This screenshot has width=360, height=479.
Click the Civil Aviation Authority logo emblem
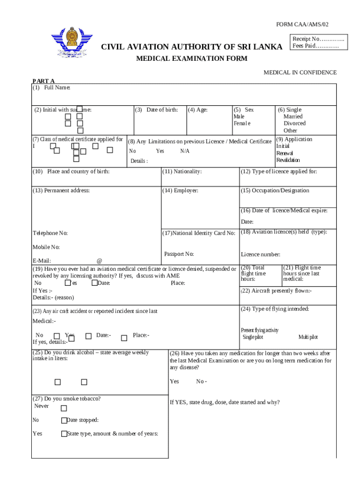click(x=72, y=42)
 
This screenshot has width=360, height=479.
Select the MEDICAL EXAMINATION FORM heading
click(x=192, y=58)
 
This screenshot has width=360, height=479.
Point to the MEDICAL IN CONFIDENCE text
click(x=300, y=73)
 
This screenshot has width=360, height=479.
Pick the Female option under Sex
click(x=242, y=123)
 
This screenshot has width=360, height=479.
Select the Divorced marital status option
click(x=295, y=123)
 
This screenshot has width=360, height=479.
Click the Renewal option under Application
click(x=284, y=153)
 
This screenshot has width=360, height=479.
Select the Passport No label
click(x=179, y=254)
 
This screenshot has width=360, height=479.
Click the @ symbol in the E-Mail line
click(x=99, y=261)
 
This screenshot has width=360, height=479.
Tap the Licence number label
click(x=260, y=254)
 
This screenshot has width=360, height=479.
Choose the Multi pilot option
click(x=308, y=337)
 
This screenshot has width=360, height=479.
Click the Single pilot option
click(x=252, y=337)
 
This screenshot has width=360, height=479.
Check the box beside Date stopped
click(x=64, y=421)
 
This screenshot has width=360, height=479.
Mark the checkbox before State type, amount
click(x=64, y=434)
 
